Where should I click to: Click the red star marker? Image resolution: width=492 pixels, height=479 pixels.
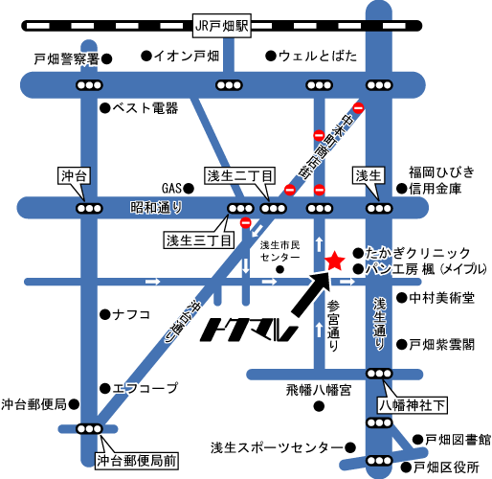[x=334, y=260]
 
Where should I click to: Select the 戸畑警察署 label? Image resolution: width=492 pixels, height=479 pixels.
[x=67, y=59]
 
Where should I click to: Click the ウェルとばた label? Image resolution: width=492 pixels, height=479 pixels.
[x=318, y=56]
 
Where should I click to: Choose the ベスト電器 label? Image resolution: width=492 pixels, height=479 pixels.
[x=146, y=107]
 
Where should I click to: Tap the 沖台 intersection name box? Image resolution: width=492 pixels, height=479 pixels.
[x=74, y=175]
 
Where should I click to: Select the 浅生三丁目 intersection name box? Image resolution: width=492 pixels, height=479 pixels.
[x=198, y=239]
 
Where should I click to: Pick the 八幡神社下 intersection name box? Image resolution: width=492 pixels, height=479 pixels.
[x=414, y=404]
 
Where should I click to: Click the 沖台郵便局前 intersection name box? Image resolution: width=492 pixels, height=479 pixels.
[x=136, y=458]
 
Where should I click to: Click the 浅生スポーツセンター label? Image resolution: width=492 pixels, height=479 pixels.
[x=276, y=447]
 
